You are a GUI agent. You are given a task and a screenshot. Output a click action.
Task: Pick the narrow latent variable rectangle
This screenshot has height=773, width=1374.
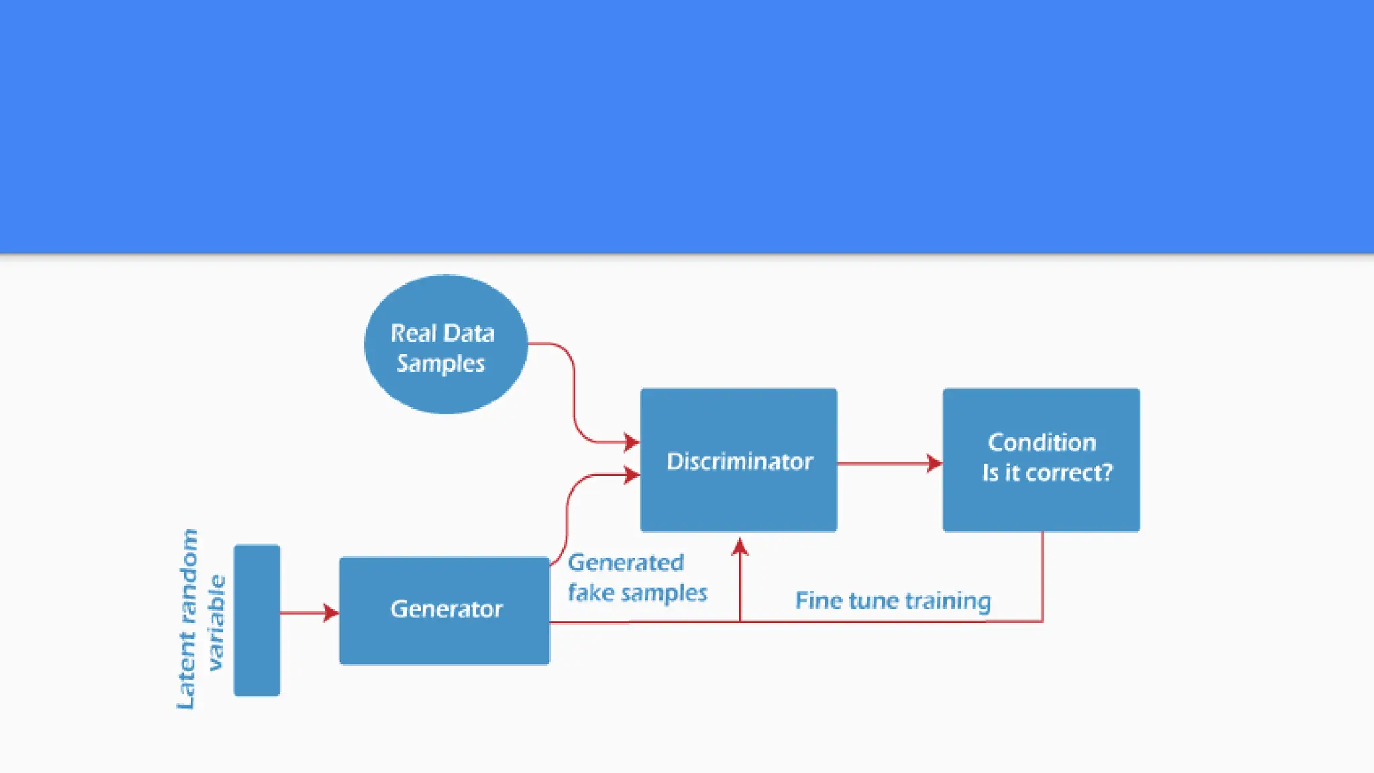pyautogui.click(x=256, y=619)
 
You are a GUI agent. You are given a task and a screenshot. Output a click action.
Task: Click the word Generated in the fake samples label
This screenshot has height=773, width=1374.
pyautogui.click(x=625, y=562)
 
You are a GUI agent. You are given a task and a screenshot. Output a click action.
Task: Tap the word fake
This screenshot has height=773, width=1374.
pyautogui.click(x=590, y=592)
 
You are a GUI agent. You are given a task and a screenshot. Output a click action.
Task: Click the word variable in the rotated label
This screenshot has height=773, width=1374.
pyautogui.click(x=216, y=622)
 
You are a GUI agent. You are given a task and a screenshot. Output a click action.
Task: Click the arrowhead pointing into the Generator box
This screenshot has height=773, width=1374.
pyautogui.click(x=331, y=612)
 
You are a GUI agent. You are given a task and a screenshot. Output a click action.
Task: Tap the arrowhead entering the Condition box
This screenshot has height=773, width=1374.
pyautogui.click(x=934, y=463)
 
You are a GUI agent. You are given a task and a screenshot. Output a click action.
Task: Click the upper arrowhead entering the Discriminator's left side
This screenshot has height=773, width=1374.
pyautogui.click(x=631, y=442)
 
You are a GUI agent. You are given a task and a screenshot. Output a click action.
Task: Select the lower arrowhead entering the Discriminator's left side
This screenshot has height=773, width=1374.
pyautogui.click(x=631, y=475)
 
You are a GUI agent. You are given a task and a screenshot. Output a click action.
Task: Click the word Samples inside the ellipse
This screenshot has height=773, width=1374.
pyautogui.click(x=440, y=363)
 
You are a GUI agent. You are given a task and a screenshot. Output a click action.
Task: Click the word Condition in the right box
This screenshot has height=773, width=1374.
pyautogui.click(x=1041, y=442)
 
